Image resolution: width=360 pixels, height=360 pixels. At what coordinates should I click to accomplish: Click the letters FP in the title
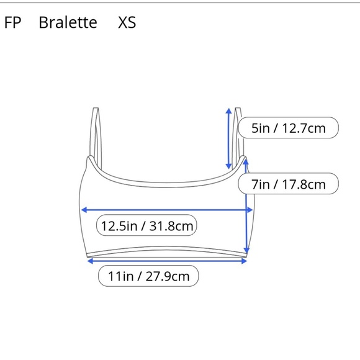12,22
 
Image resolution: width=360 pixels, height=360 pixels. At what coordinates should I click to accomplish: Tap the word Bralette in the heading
68,22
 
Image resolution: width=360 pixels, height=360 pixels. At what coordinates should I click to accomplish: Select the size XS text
127,22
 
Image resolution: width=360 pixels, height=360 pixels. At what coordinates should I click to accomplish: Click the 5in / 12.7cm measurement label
289,128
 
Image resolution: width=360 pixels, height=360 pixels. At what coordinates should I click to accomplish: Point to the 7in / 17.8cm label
289,184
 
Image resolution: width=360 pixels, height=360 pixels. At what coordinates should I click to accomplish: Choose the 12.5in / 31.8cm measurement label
146,226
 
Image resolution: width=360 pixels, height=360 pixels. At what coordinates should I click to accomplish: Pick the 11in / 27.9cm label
148,276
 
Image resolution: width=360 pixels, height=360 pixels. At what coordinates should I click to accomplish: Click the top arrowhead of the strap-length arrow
228,110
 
